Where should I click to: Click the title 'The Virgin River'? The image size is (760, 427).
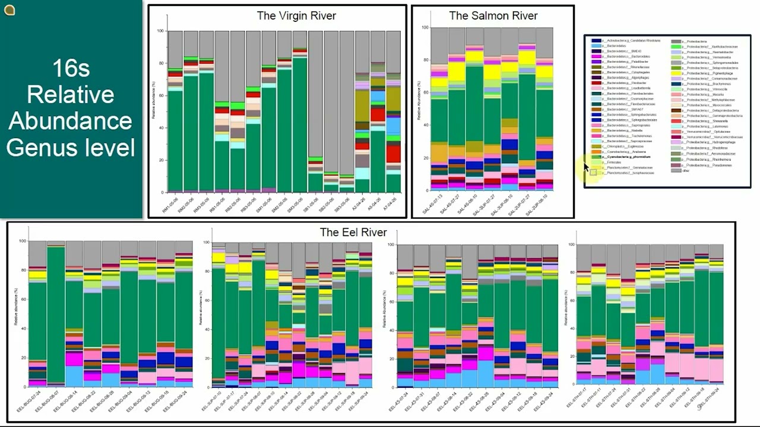click(296, 16)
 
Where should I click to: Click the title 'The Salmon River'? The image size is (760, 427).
click(493, 16)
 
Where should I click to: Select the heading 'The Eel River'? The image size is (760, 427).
click(353, 232)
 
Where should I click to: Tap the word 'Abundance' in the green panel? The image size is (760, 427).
click(70, 121)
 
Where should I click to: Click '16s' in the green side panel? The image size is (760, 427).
click(70, 68)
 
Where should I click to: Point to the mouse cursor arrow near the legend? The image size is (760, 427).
click(586, 167)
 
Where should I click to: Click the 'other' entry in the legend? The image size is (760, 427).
click(686, 171)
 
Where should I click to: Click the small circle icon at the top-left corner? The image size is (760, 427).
click(9, 9)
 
